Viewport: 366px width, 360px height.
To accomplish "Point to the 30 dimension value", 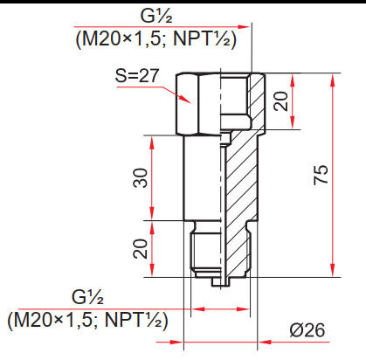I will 140,178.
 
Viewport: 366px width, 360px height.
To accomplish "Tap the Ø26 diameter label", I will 307,331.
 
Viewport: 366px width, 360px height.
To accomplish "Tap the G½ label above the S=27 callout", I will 161,16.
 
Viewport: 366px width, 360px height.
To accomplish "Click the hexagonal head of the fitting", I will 197,101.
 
